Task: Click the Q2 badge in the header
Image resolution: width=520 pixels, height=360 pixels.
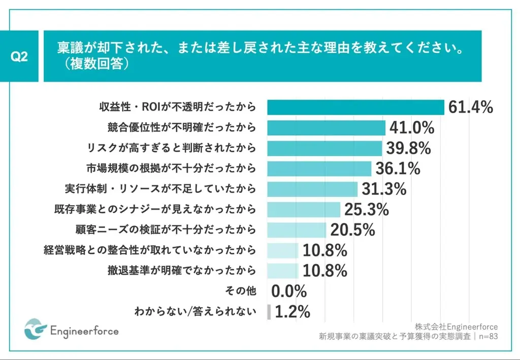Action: pyautogui.click(x=19, y=56)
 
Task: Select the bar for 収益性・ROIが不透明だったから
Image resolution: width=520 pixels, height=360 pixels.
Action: pyautogui.click(x=355, y=107)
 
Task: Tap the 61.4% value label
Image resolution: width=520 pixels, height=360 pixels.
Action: pyautogui.click(x=471, y=107)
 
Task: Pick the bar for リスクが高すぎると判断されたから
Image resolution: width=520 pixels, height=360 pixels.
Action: pyautogui.click(x=324, y=148)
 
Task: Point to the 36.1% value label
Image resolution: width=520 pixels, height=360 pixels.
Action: pyautogui.click(x=398, y=168)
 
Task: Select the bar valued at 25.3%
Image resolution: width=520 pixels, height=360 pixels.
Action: pyautogui.click(x=304, y=209)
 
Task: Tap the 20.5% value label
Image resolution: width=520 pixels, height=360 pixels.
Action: pyautogui.click(x=352, y=230)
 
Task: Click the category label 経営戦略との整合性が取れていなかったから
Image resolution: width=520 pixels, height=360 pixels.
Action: pyautogui.click(x=150, y=250)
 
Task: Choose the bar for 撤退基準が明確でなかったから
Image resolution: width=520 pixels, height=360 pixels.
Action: pyautogui.click(x=282, y=270)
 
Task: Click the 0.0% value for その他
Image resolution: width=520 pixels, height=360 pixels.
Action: pyautogui.click(x=289, y=291)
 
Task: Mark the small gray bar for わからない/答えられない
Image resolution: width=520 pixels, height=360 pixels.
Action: pyautogui.click(x=269, y=311)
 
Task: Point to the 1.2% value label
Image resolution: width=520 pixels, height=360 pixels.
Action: pyautogui.click(x=292, y=311)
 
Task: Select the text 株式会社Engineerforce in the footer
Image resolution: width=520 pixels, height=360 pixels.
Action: pyautogui.click(x=456, y=326)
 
